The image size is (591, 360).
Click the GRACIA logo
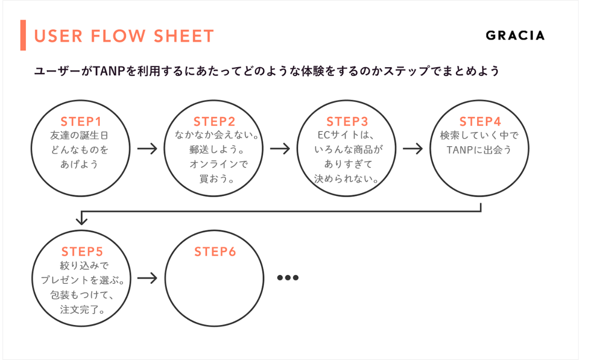coord(515,35)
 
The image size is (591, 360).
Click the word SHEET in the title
coord(183,36)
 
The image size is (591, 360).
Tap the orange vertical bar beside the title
coord(23,35)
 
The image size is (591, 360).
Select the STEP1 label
coord(81,122)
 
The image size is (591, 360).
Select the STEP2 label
coord(214,122)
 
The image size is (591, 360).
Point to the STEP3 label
coord(347,122)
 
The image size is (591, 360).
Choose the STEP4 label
coord(480,122)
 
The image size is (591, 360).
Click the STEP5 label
coord(82,252)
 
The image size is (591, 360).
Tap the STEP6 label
coord(215,252)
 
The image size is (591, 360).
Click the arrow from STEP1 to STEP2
coord(147,149)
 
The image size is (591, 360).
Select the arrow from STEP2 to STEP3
coord(280,149)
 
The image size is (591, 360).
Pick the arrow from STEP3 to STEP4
coord(413,149)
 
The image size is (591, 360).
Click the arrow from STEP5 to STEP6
coord(147,278)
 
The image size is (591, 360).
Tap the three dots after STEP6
coord(288,278)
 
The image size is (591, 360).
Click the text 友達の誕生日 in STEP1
coord(79,135)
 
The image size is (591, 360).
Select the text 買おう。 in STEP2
coord(217,179)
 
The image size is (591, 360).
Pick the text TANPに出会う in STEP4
coord(479,150)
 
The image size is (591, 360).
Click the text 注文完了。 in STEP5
coord(83,309)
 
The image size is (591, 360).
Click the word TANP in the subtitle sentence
coord(109,71)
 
